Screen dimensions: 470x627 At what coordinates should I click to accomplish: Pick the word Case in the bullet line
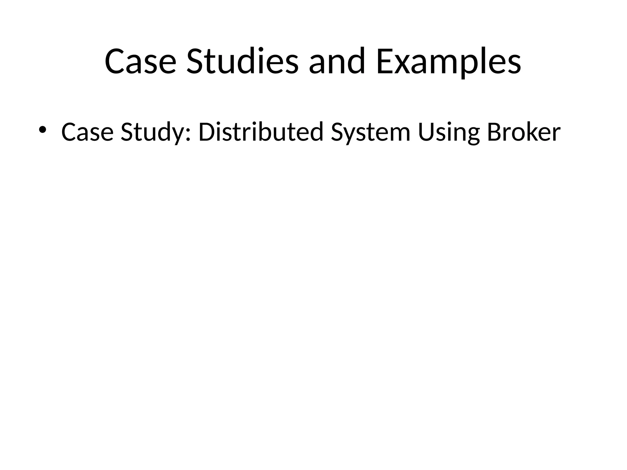(x=87, y=132)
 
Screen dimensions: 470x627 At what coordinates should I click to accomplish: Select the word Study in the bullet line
(x=153, y=132)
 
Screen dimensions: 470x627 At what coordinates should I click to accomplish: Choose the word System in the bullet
(x=370, y=132)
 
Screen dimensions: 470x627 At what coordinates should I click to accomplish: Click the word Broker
(x=524, y=132)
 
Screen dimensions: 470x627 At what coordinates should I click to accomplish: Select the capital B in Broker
(x=494, y=132)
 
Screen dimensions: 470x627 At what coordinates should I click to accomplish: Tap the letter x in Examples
(x=402, y=64)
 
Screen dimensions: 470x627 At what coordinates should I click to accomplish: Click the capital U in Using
(x=426, y=132)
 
